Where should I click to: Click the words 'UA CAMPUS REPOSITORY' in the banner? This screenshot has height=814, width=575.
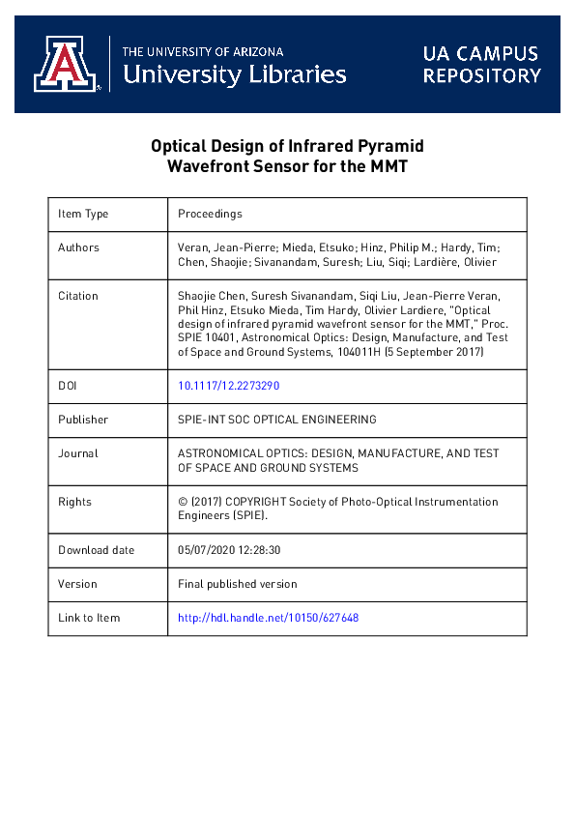[x=481, y=64]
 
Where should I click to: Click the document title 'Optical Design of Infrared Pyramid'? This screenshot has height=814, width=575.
[x=287, y=146]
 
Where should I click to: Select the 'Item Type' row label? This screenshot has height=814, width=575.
[x=83, y=214]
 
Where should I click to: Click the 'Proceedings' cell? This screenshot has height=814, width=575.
[x=210, y=214]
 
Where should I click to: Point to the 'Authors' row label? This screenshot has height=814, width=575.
[x=78, y=247]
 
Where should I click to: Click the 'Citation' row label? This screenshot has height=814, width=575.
[x=78, y=296]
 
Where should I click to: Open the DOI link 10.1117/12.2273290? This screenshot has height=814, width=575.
[x=229, y=386]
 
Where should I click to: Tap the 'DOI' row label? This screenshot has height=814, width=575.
[x=69, y=386]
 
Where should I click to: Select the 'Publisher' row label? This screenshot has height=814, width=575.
[x=83, y=420]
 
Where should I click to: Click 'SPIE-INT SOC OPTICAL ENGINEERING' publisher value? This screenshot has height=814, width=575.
[x=277, y=420]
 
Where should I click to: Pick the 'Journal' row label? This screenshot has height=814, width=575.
[x=78, y=453]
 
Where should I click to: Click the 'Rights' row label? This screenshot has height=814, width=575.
[x=74, y=502]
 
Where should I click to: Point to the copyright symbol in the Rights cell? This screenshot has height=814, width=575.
[x=183, y=502]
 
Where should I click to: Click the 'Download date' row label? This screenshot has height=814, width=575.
[x=96, y=550]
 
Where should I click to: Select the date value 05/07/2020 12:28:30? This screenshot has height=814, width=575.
[x=229, y=550]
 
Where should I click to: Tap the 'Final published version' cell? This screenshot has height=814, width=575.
[x=238, y=584]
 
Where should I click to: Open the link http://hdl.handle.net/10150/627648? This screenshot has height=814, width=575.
[x=269, y=618]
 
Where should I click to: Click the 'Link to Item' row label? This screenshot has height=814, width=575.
[x=89, y=618]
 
